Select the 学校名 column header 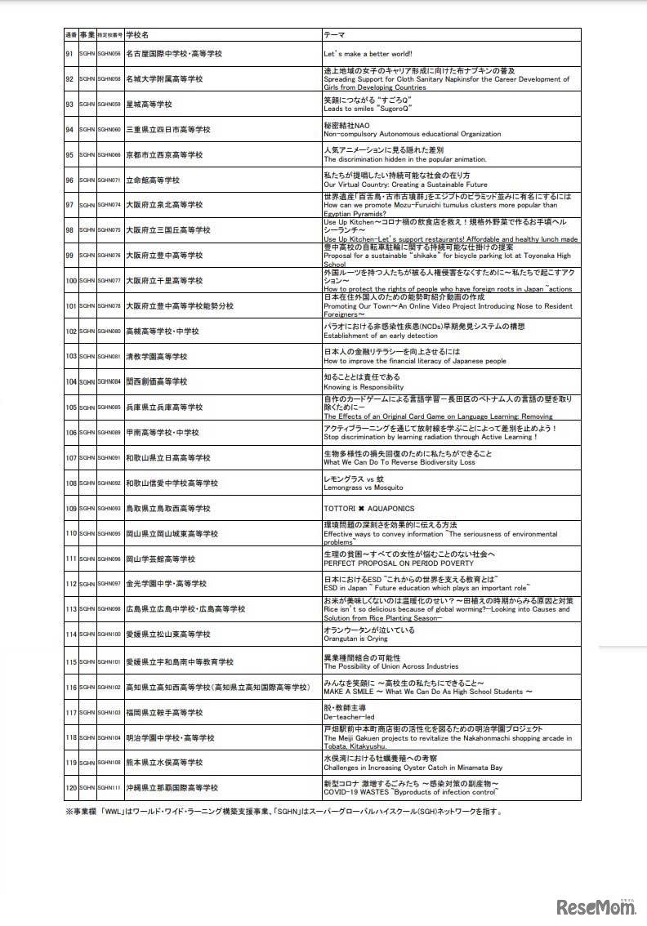coord(137,36)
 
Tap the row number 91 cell coord(70,54)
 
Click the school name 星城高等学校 coord(149,105)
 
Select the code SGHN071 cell coord(109,180)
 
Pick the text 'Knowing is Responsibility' coord(364,387)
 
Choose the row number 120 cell coord(70,788)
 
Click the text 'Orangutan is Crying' coord(357,639)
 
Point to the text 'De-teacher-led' coord(349,717)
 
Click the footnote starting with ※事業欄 coord(283,812)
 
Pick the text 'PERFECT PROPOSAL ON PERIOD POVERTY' coord(398,563)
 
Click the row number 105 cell coord(70,407)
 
